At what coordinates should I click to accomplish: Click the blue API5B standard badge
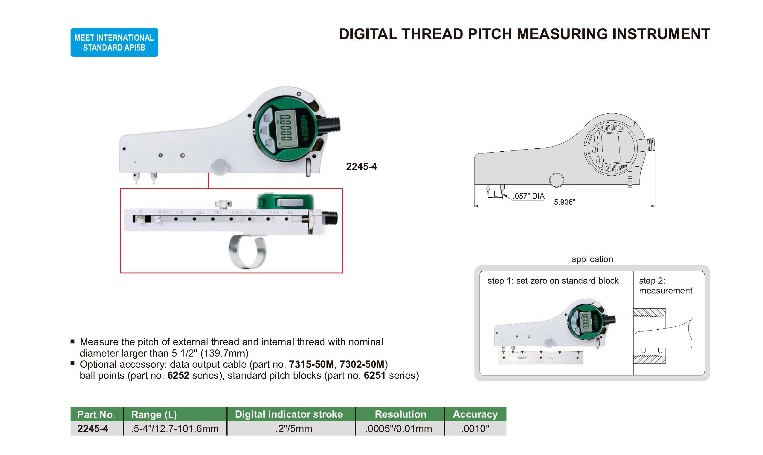[x=114, y=42]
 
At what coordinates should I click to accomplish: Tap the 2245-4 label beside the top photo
[x=361, y=167]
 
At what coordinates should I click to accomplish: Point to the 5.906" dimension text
[x=564, y=202]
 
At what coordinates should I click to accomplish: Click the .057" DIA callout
[x=529, y=196]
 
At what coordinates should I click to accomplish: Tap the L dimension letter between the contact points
[x=495, y=194]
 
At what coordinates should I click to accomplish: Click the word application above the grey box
[x=592, y=259]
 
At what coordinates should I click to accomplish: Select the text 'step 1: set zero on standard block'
[x=553, y=281]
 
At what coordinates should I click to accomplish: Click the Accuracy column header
[x=475, y=414]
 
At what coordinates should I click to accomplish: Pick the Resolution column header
[x=400, y=414]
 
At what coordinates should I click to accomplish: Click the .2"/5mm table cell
[x=294, y=428]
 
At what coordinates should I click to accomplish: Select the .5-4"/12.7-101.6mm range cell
[x=175, y=428]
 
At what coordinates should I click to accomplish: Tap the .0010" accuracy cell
[x=475, y=428]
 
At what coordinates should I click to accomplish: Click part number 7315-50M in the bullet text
[x=311, y=364]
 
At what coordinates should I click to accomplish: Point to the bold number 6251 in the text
[x=374, y=375]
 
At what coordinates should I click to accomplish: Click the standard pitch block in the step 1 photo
[x=541, y=357]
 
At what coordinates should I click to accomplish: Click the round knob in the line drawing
[x=556, y=180]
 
